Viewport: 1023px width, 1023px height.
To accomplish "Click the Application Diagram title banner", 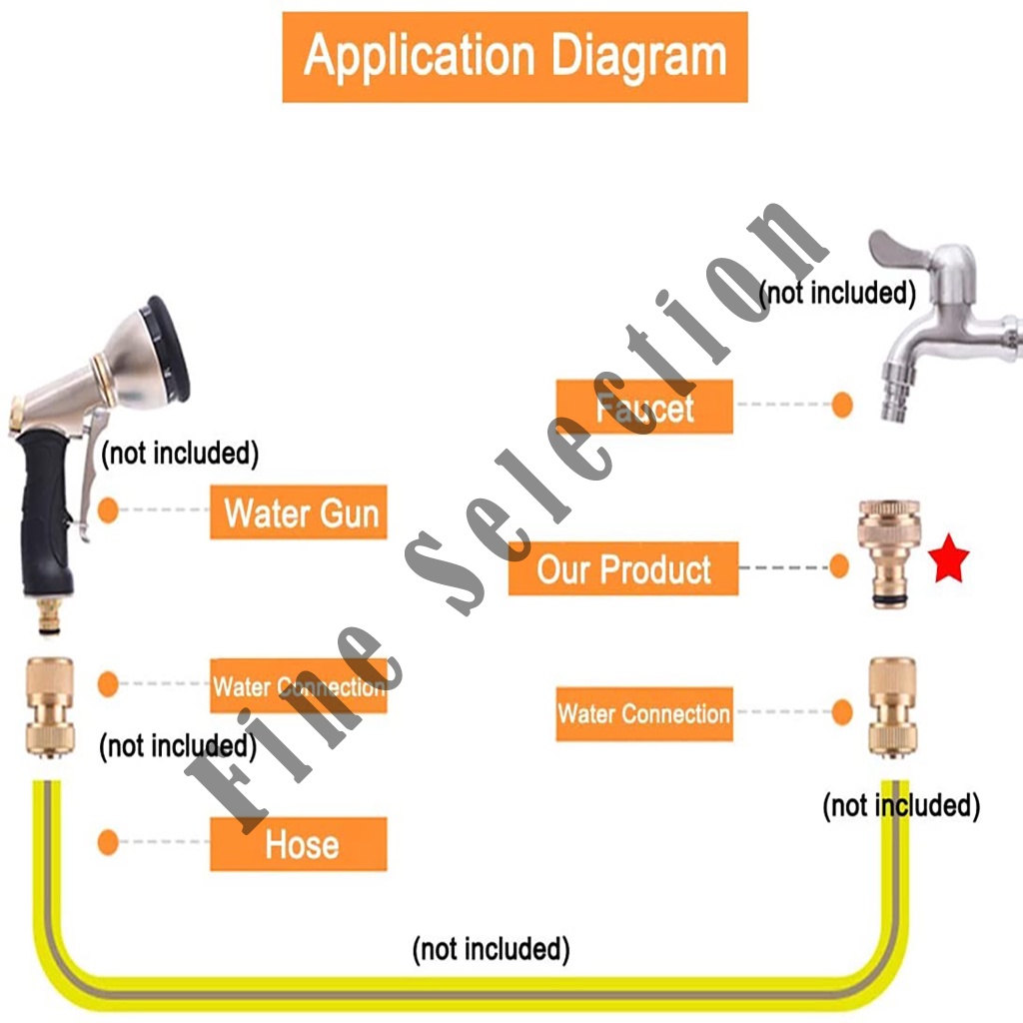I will pyautogui.click(x=514, y=57).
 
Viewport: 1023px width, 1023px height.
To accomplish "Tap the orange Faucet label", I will pyautogui.click(x=644, y=408).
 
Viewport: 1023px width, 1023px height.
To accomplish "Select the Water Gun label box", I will pyautogui.click(x=299, y=512).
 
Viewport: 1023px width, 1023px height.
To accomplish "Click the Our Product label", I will pyautogui.click(x=623, y=568).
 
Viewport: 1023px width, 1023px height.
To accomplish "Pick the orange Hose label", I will pyautogui.click(x=299, y=844).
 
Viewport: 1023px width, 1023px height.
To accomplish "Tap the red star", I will pyautogui.click(x=948, y=562).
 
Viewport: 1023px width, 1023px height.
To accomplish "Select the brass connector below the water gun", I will pyautogui.click(x=48, y=705).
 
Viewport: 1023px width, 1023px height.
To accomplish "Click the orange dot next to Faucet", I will pyautogui.click(x=842, y=407).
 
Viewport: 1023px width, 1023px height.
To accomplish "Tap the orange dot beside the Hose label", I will pyautogui.click(x=108, y=842).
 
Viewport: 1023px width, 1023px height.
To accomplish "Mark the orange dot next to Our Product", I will pyautogui.click(x=840, y=567).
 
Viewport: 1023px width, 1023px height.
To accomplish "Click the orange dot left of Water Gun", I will pyautogui.click(x=108, y=511).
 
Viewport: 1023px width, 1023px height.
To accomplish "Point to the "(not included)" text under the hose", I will pyautogui.click(x=491, y=948).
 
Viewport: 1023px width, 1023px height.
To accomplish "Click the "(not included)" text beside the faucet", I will pyautogui.click(x=837, y=293).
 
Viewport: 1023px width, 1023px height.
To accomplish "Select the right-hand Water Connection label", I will pyautogui.click(x=644, y=713).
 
